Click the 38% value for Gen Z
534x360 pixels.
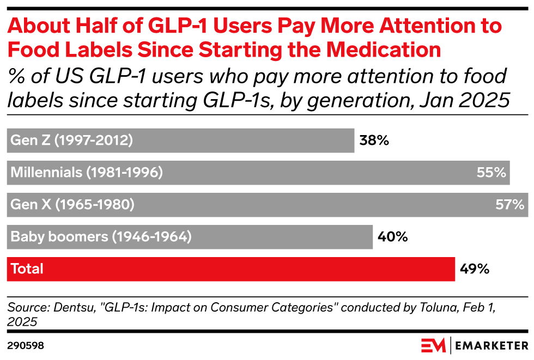tap(374, 141)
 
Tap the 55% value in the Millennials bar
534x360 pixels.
tap(491, 173)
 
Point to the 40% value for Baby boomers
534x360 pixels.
tap(392, 237)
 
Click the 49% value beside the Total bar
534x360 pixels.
tap(475, 269)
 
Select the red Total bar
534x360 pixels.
tap(230, 269)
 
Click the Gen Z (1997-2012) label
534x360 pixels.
tap(71, 141)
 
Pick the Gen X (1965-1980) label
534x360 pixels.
tap(72, 205)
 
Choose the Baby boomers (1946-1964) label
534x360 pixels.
tap(101, 237)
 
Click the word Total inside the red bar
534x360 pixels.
tap(27, 269)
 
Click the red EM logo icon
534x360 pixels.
tap(433, 345)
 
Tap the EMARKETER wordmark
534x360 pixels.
tap(491, 346)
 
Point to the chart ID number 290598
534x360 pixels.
tap(26, 346)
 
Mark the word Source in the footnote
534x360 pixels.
tap(24, 308)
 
